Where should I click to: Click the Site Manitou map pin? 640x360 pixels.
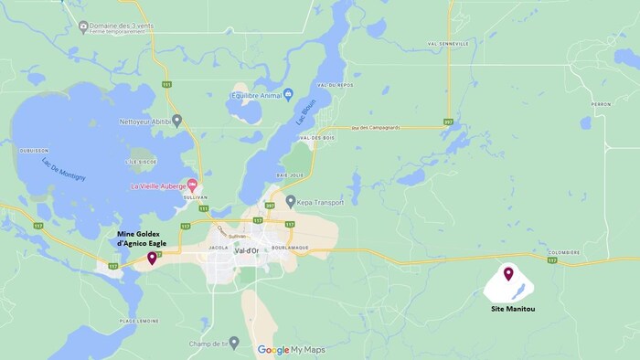[508, 273]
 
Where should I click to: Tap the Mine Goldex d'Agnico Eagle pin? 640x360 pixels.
[151, 259]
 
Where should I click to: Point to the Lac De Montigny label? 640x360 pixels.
[64, 169]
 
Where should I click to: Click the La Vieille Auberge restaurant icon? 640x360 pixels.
[192, 185]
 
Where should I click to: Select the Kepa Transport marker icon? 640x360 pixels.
[291, 201]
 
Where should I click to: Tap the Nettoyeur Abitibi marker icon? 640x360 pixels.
[177, 120]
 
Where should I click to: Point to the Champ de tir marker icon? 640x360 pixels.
[234, 343]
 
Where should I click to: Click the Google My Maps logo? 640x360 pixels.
[291, 350]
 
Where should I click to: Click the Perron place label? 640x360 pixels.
[601, 104]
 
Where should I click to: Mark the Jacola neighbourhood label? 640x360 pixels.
[217, 247]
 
